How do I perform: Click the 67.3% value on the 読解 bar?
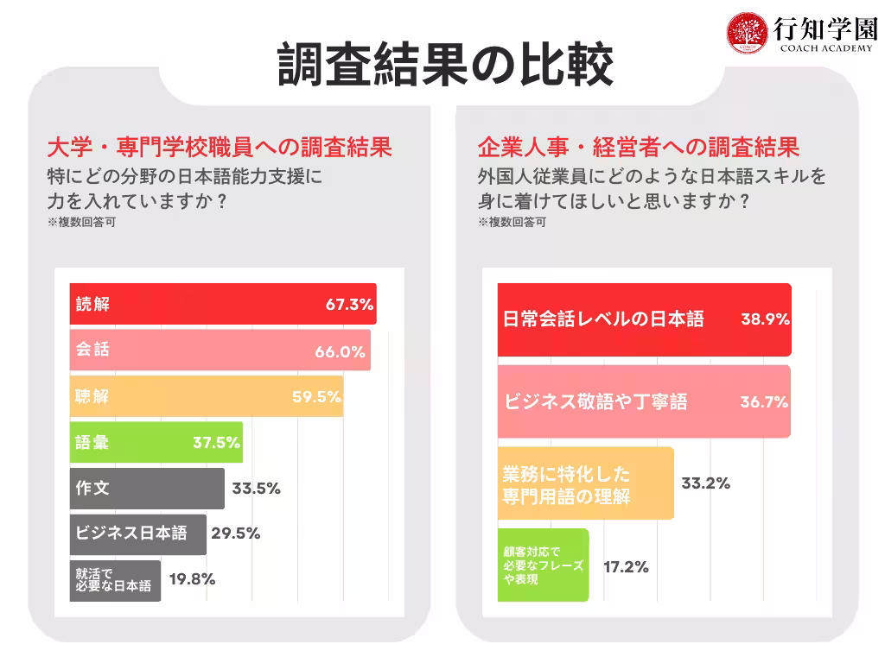coord(348,305)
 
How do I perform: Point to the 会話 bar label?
coord(93,350)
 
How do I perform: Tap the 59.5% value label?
coord(315,397)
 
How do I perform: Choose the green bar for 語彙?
coord(156,443)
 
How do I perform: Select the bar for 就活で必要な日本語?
coord(115,580)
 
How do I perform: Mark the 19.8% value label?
coord(192,580)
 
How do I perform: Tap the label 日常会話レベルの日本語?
coord(603,319)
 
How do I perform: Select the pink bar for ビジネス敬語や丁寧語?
coord(644,401)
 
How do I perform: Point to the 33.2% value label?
coord(705,483)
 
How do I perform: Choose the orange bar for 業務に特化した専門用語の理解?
coord(585,483)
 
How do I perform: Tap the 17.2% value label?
coord(625,567)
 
